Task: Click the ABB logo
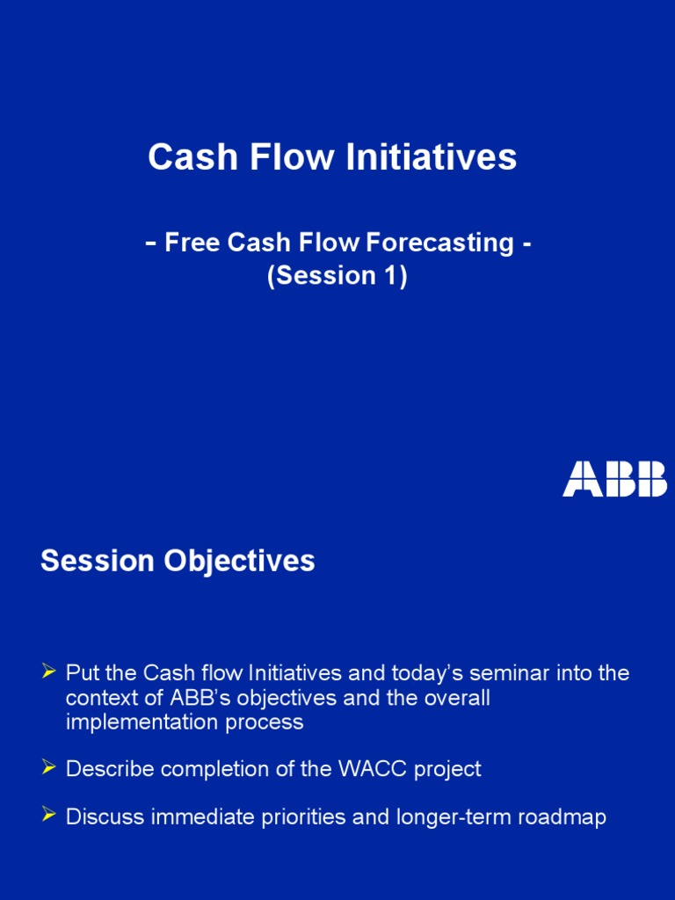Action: pyautogui.click(x=614, y=478)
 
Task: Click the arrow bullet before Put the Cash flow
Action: pyautogui.click(x=49, y=673)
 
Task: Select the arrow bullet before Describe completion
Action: pyautogui.click(x=49, y=768)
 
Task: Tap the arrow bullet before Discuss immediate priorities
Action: pyautogui.click(x=49, y=817)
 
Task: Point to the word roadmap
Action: pyautogui.click(x=562, y=817)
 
